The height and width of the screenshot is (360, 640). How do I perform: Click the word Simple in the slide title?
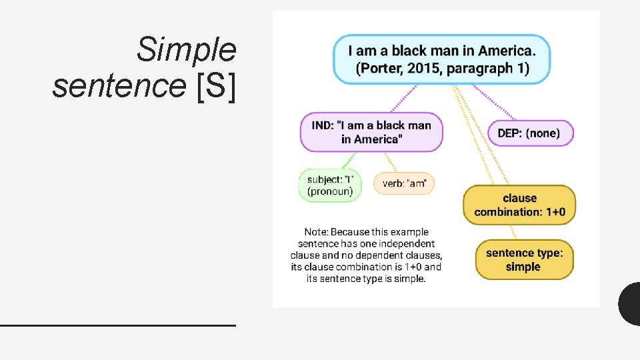pos(186,50)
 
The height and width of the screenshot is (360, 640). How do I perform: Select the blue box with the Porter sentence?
pos(442,59)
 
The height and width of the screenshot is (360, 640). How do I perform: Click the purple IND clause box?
pos(371,132)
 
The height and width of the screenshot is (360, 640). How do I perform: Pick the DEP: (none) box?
pos(531,133)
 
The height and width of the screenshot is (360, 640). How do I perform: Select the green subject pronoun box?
pos(329,185)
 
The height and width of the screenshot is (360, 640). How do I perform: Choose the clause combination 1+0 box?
pos(519,205)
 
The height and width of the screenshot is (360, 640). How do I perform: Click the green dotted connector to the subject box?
pos(347,160)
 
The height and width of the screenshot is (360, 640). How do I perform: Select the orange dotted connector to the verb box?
pos(391,162)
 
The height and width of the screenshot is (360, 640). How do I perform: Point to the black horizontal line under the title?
pos(118,325)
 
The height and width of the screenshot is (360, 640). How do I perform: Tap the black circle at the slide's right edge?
pos(630,303)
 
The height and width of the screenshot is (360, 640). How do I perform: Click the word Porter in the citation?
pos(381,69)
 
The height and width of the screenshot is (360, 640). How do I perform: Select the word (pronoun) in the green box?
pos(329,191)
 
